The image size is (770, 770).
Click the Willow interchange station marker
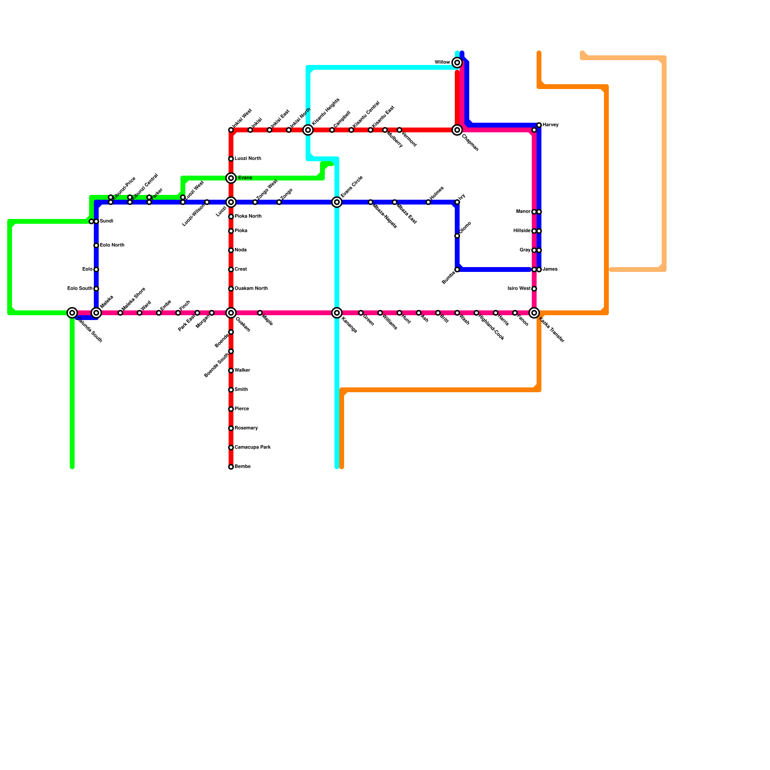(457, 63)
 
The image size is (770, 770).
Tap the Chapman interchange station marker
(457, 130)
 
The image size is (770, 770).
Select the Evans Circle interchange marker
(337, 202)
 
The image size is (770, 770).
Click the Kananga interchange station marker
(337, 313)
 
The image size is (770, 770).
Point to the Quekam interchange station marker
(231, 313)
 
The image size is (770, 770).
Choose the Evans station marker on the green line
(231, 178)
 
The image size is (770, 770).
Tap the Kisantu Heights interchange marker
(308, 130)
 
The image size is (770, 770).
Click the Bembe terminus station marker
(231, 467)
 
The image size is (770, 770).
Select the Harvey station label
(551, 125)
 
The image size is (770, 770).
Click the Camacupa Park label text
(253, 448)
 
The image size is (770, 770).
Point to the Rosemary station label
(246, 428)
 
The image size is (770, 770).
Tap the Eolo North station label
(112, 245)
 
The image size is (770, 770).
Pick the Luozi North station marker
(231, 159)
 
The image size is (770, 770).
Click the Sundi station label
(106, 221)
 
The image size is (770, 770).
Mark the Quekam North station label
(251, 289)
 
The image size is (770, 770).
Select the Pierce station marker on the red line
(231, 409)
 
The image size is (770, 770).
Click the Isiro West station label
(519, 289)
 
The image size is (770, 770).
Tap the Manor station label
(523, 212)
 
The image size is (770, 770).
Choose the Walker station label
(242, 371)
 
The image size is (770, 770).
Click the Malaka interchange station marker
(96, 313)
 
